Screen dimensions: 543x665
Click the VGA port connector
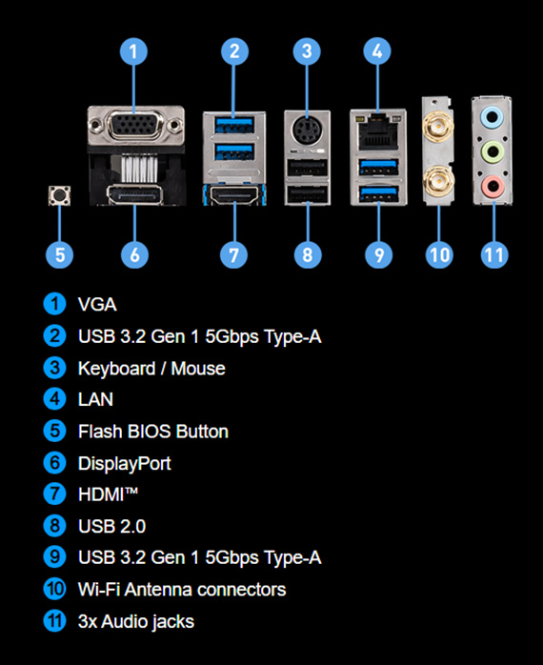coord(135,125)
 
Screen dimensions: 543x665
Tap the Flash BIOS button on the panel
coord(59,195)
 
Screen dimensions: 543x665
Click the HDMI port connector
coord(234,195)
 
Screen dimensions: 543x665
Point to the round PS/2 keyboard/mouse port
coord(307,131)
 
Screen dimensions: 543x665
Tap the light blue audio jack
coord(493,116)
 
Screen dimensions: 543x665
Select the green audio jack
coord(493,151)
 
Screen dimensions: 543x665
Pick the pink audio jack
coord(493,186)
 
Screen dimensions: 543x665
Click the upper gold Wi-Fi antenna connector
coord(437,126)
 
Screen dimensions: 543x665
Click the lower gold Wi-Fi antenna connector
coord(438,182)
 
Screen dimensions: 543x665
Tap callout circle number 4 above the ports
coord(377,51)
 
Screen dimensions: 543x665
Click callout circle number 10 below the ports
coord(439,255)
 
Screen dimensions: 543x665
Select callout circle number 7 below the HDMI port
coord(233,255)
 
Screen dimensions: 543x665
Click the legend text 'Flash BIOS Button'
coord(153,432)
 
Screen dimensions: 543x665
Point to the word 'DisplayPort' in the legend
coord(124,463)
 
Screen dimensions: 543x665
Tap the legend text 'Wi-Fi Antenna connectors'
coord(182,590)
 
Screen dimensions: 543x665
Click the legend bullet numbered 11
coord(54,621)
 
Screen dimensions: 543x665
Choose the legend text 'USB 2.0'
coord(112,526)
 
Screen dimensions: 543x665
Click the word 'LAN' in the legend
coord(95,399)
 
